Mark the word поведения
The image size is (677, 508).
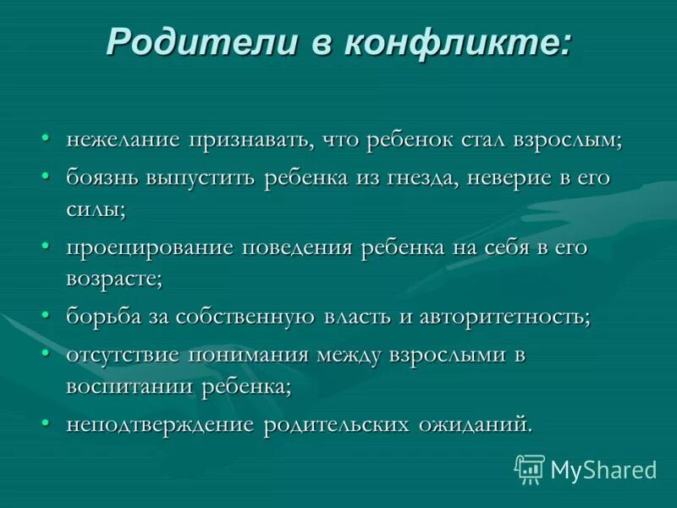(299, 248)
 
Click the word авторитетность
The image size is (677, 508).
(501, 317)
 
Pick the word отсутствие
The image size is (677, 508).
(123, 356)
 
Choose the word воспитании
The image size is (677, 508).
(130, 385)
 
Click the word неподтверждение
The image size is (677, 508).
(161, 424)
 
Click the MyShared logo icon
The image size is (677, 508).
(529, 468)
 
